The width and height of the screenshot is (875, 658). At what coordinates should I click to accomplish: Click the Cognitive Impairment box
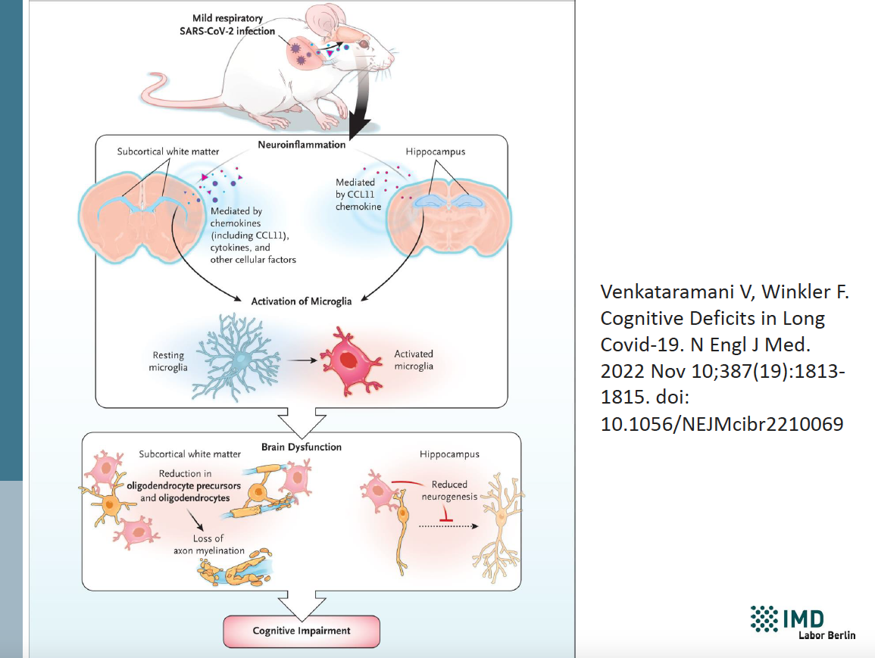click(x=302, y=631)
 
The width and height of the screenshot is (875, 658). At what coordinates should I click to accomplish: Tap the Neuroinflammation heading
click(x=302, y=145)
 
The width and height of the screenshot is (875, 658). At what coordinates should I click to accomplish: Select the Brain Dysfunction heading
click(x=302, y=448)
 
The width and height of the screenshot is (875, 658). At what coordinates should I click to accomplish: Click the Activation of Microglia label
click(x=302, y=301)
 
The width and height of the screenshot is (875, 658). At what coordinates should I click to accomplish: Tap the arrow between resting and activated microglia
click(x=302, y=360)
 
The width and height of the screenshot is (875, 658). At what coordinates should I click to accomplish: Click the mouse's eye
click(x=364, y=44)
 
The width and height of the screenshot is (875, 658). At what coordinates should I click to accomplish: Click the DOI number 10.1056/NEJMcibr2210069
click(x=721, y=424)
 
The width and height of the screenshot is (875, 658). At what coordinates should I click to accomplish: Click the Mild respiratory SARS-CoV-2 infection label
click(x=227, y=25)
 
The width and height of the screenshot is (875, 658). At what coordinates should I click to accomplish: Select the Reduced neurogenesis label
click(x=449, y=491)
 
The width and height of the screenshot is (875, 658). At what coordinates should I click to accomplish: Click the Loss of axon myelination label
click(x=208, y=544)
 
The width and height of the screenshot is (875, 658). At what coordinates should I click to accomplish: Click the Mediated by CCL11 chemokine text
click(x=358, y=194)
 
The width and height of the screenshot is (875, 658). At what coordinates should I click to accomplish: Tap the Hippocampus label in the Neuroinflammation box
click(x=436, y=151)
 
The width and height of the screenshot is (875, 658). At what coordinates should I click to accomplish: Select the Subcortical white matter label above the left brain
click(x=168, y=151)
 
